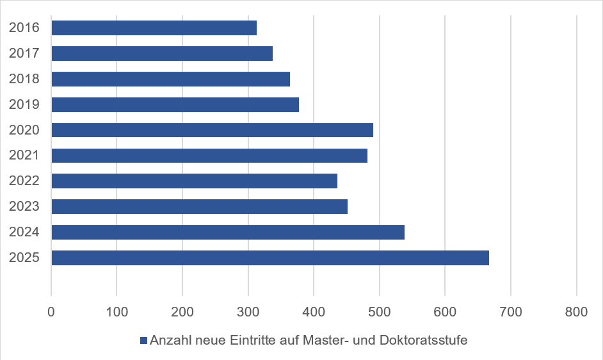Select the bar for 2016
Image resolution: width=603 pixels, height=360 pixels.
[154, 28]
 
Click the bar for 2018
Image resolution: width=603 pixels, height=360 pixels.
[171, 79]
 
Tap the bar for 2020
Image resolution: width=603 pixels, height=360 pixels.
[213, 130]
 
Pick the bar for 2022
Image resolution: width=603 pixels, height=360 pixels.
[194, 181]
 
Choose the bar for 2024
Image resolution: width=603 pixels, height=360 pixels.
[228, 232]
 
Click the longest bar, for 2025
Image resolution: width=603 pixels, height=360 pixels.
[270, 258]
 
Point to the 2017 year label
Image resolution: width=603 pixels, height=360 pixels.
[24, 53]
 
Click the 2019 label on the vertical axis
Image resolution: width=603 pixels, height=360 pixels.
[24, 104]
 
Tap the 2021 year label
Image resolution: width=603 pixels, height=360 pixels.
[24, 155]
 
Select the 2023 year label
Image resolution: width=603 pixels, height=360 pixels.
[24, 206]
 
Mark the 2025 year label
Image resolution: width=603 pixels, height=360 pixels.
[24, 258]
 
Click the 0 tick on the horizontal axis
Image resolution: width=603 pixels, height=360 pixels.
[51, 312]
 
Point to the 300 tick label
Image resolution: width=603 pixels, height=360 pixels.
[248, 312]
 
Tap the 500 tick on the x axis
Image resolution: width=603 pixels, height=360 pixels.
[379, 312]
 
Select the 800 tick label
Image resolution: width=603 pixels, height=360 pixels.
[576, 312]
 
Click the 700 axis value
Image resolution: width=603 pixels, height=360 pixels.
[511, 312]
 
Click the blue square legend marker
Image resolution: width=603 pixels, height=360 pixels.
[143, 340]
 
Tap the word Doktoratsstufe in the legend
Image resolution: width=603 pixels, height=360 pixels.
[423, 340]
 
